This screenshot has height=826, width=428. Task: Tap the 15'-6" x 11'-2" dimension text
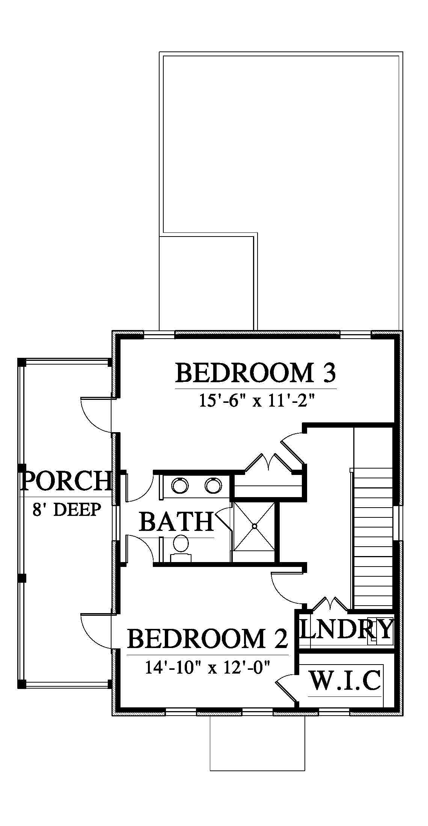coord(256,401)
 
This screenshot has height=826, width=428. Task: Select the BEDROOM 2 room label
coord(208,639)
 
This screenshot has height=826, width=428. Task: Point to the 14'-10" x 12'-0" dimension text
coord(208,667)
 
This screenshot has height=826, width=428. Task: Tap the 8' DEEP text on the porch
coord(66,509)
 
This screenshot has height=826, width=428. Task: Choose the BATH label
coord(176,522)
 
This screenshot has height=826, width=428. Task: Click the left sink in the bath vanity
coord(180,485)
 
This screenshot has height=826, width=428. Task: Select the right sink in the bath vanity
coord(213,485)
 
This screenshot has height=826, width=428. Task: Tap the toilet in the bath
coord(181,548)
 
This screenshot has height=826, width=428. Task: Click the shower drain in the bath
coord(254,526)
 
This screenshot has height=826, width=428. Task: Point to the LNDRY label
coord(346,629)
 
